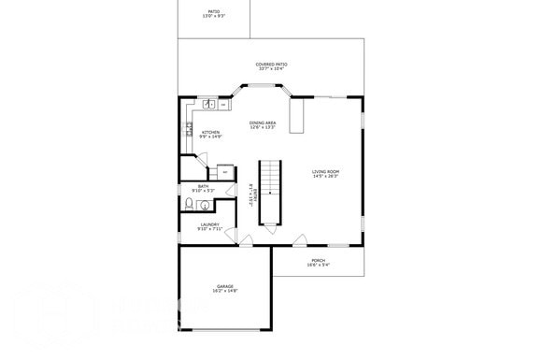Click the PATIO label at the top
[214, 11]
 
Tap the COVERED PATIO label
[271, 65]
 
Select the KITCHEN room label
[211, 133]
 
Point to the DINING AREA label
[263, 122]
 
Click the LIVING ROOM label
[325, 171]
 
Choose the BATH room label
[203, 186]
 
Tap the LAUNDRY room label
[209, 224]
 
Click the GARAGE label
[225, 286]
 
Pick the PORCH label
[318, 261]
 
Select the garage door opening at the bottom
[225, 330]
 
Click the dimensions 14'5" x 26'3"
[325, 177]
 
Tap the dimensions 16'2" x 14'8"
[225, 292]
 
